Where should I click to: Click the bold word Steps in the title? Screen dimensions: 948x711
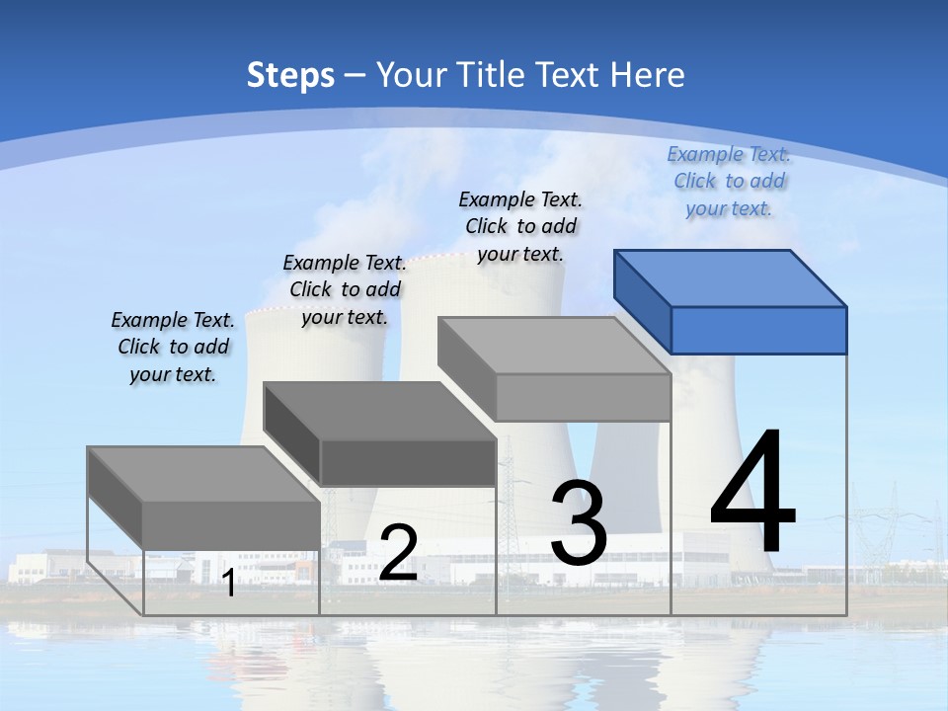[x=290, y=75]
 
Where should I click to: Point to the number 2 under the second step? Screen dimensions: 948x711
[x=398, y=553]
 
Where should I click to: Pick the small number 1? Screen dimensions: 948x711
[x=229, y=584]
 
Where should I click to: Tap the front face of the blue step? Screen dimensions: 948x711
[x=758, y=330]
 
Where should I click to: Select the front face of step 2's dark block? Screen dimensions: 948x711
[x=408, y=462]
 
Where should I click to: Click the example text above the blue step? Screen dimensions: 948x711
[x=729, y=182]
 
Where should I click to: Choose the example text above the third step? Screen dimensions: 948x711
[x=520, y=226]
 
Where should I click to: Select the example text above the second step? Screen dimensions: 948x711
[x=345, y=289]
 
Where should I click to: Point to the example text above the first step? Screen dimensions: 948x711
[x=173, y=347]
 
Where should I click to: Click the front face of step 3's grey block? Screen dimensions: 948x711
[x=583, y=397]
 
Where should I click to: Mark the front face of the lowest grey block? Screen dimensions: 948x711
[x=231, y=525]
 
